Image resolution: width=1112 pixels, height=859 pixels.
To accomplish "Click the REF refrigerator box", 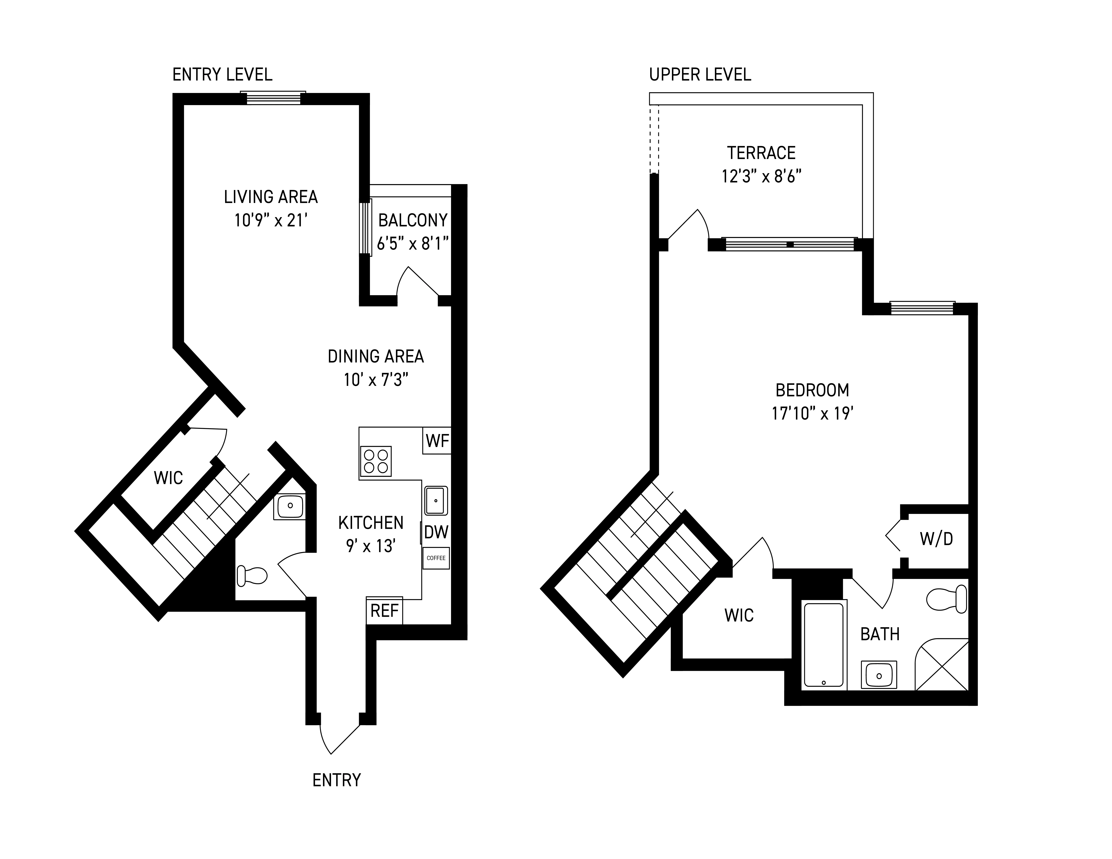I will click(x=384, y=611).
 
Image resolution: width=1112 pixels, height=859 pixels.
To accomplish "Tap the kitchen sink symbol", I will click(x=436, y=501).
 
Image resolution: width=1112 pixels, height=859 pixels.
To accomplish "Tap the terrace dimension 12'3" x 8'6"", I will click(x=761, y=177).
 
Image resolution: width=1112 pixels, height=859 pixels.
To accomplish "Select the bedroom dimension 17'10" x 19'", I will click(x=812, y=413).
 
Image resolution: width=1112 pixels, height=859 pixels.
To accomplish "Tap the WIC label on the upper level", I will click(x=739, y=615).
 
